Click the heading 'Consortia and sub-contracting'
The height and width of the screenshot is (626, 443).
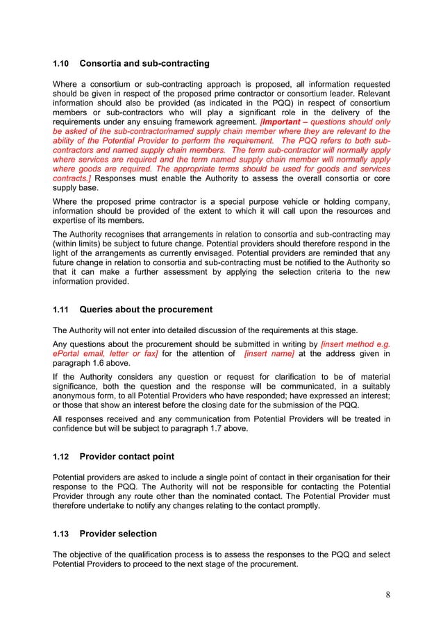pyautogui.click(x=144, y=64)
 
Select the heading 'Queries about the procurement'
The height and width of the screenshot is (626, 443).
pyautogui.click(x=146, y=310)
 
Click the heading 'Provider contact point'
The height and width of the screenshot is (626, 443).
pyautogui.click(x=127, y=457)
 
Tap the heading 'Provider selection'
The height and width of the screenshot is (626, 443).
pyautogui.click(x=118, y=534)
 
